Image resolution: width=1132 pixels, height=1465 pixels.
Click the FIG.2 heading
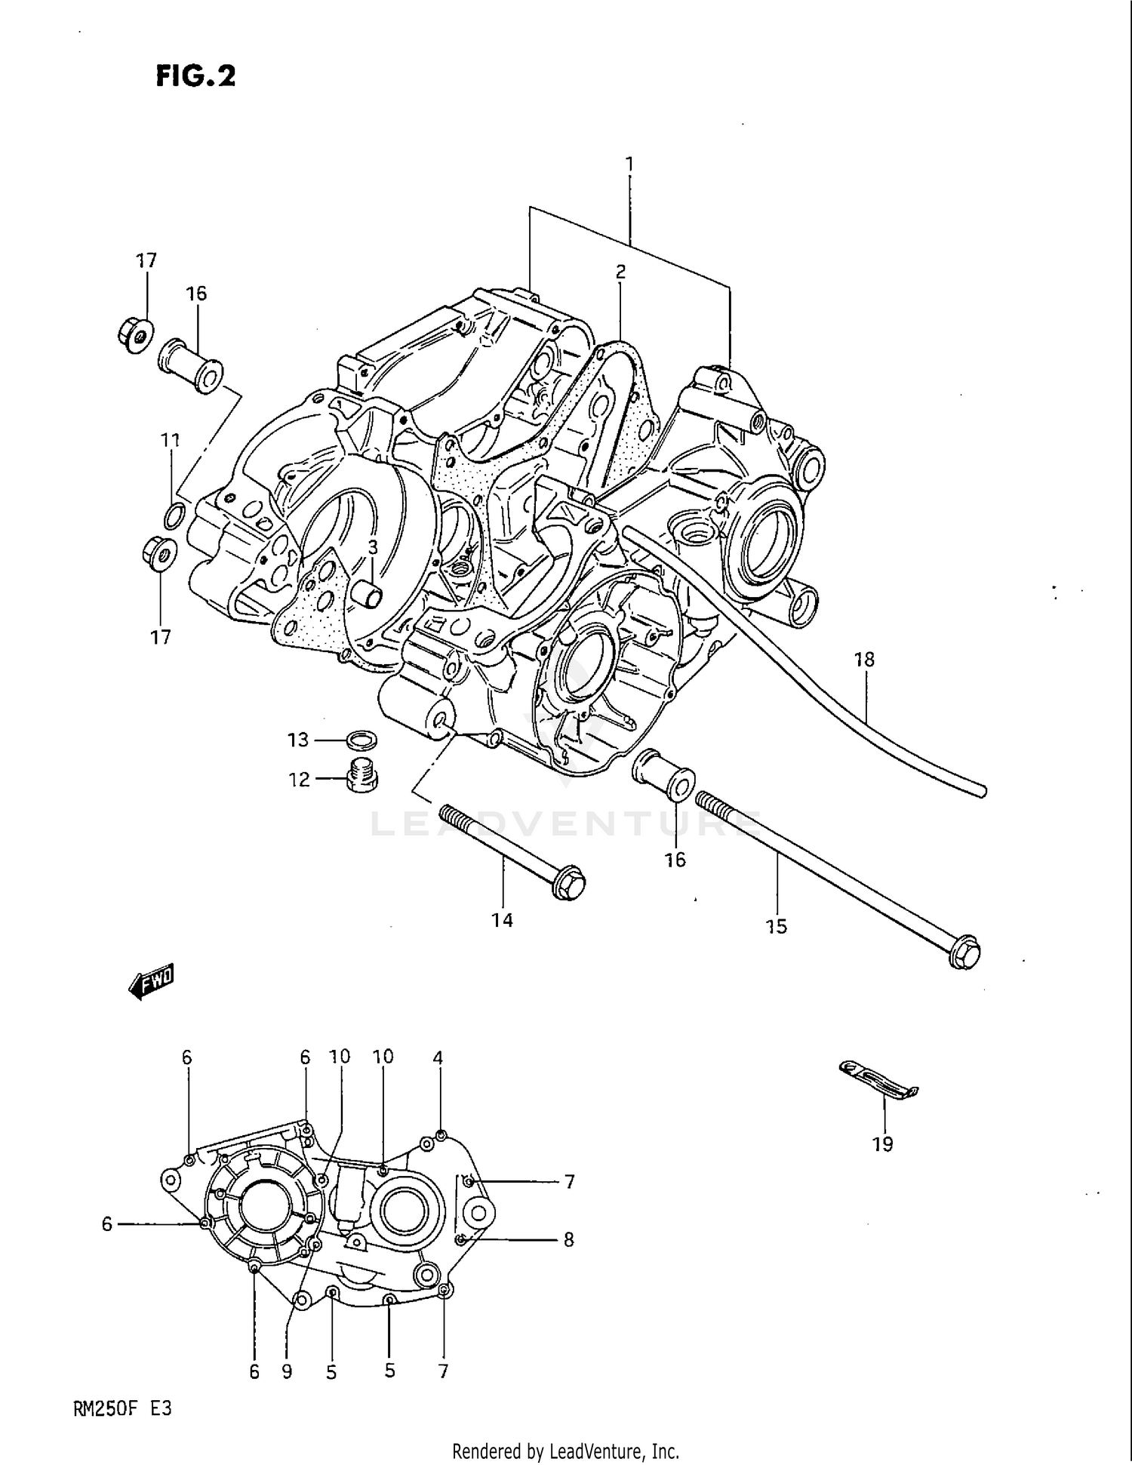(x=195, y=76)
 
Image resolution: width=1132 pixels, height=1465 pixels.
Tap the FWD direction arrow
(x=152, y=982)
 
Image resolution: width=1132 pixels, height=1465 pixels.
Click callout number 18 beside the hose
(x=864, y=660)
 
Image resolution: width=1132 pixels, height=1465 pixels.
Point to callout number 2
(x=620, y=272)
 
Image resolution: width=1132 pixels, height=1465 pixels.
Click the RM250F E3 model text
(x=123, y=1408)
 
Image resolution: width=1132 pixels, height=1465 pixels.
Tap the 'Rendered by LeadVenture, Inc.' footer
(x=565, y=1451)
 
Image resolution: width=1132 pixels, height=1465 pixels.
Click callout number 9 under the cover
(x=287, y=1371)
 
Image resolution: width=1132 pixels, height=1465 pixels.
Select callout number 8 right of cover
(x=568, y=1239)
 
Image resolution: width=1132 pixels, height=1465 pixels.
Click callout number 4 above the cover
(x=438, y=1057)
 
